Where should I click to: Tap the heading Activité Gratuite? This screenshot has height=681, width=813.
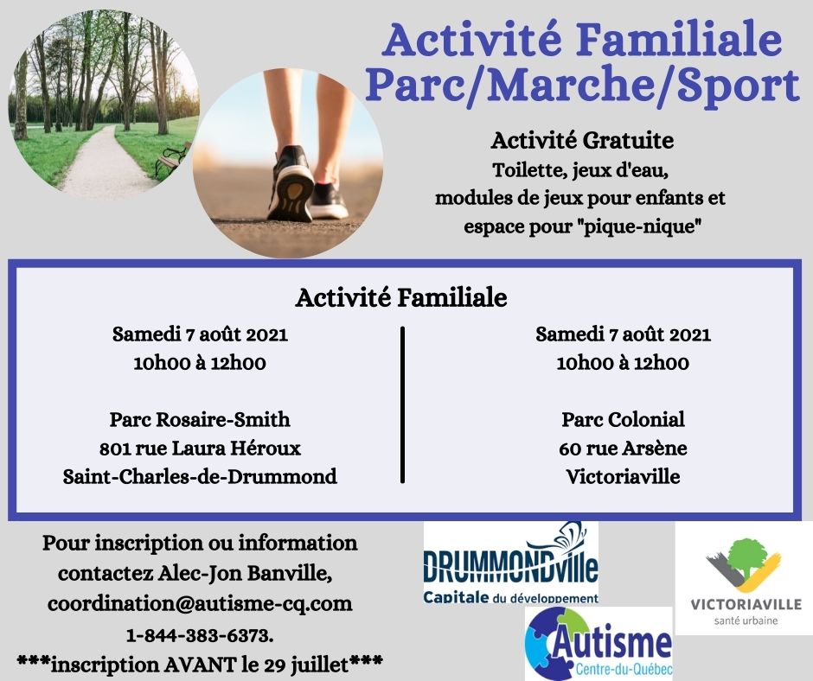pyautogui.click(x=582, y=141)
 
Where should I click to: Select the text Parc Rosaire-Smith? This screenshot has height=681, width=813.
pyautogui.click(x=200, y=419)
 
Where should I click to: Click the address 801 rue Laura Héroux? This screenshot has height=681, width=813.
pyautogui.click(x=200, y=448)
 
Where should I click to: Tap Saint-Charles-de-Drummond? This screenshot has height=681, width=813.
pyautogui.click(x=200, y=476)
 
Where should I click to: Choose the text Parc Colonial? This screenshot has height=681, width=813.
pyautogui.click(x=624, y=419)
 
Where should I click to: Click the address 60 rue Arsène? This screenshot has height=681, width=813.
pyautogui.click(x=624, y=448)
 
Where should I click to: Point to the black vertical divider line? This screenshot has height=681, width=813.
pyautogui.click(x=403, y=404)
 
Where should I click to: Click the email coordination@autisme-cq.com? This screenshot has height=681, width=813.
pyautogui.click(x=200, y=603)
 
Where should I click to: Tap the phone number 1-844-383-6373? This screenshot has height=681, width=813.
pyautogui.click(x=199, y=635)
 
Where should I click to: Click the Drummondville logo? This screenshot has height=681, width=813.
pyautogui.click(x=510, y=563)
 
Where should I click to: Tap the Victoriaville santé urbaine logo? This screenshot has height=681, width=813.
pyautogui.click(x=744, y=578)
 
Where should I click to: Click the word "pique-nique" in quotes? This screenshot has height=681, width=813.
pyautogui.click(x=638, y=226)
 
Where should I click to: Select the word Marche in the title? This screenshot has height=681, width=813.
pyautogui.click(x=569, y=85)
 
